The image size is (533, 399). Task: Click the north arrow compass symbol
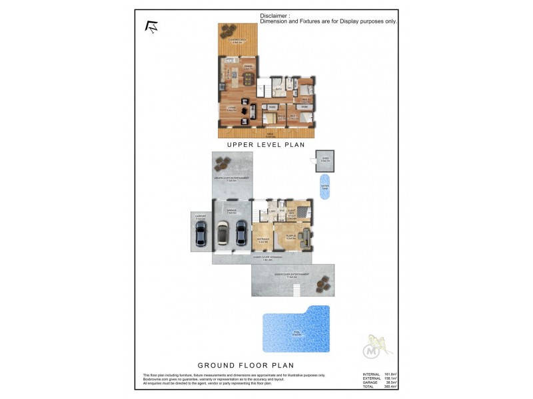[x=151, y=27]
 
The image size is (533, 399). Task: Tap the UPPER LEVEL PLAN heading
[x=266, y=144]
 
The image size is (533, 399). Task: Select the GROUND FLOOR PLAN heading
[x=246, y=365]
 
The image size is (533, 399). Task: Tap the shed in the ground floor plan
[x=325, y=160]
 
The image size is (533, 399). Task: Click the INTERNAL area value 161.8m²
[x=390, y=374]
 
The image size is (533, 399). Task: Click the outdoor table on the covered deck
[x=231, y=29]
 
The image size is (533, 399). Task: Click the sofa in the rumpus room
[x=306, y=237]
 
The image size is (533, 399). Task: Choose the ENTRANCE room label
[x=263, y=241]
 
